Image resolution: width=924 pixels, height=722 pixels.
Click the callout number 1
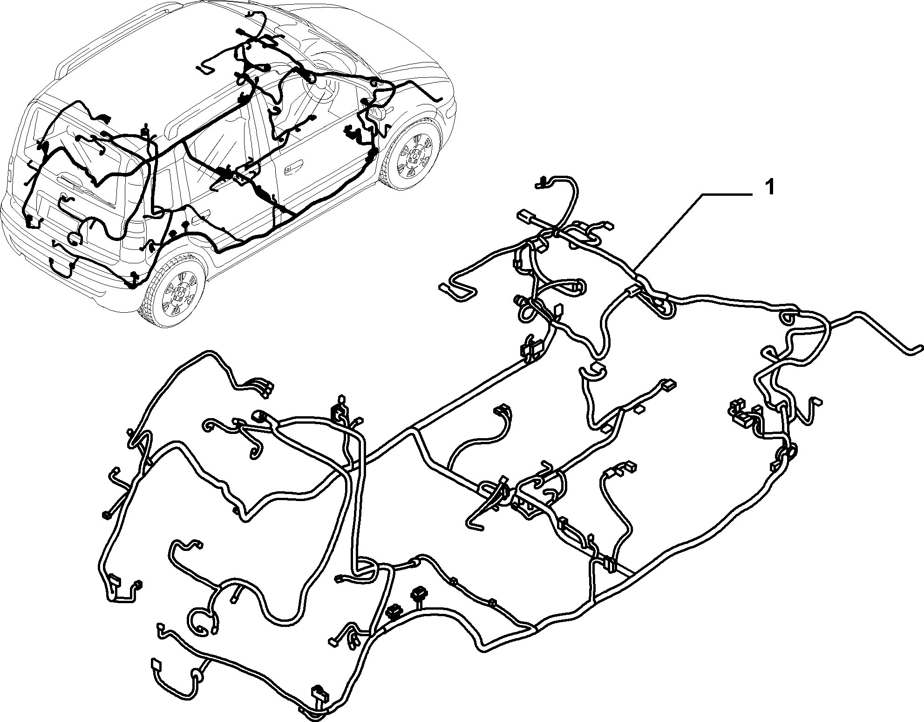770,189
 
